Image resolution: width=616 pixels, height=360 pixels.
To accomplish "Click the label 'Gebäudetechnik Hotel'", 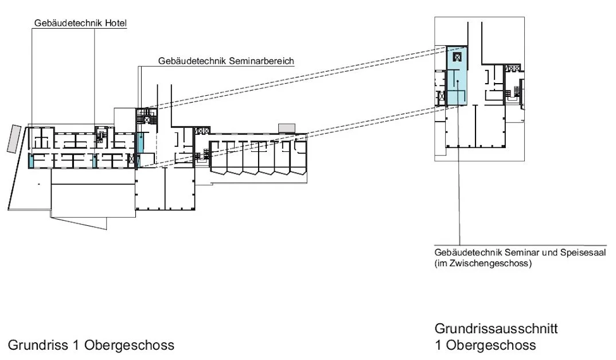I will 80,24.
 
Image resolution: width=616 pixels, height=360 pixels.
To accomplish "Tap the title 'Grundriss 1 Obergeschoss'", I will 91,345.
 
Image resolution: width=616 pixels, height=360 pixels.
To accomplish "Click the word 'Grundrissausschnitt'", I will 496,329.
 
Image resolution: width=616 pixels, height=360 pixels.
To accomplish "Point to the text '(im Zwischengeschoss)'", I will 484,264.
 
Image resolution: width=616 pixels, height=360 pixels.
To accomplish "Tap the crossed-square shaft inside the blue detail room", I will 457,57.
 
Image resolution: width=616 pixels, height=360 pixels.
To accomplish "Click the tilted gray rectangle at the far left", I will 14,139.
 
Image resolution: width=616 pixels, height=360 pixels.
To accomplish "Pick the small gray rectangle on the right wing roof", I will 285,127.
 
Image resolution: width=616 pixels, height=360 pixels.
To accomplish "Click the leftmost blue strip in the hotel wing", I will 30,161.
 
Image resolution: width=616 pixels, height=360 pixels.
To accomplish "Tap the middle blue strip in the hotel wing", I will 94,161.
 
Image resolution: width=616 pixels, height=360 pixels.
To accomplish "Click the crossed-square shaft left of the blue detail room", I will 441,97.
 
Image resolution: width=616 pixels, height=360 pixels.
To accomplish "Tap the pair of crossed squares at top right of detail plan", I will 513,69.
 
